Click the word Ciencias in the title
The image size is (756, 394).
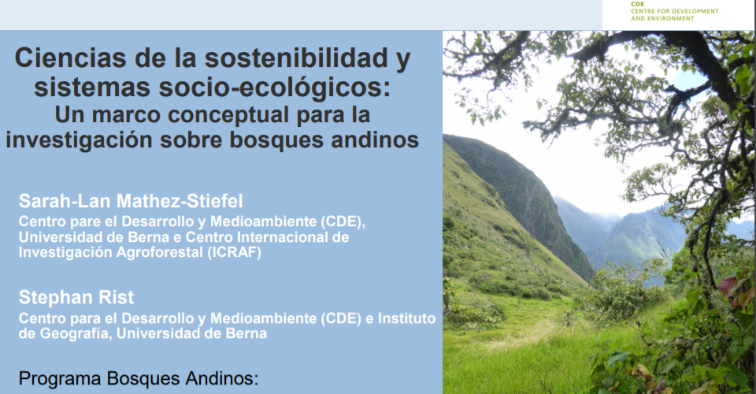point(71,58)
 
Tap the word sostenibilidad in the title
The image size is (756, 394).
point(296,58)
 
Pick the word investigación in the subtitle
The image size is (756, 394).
point(79,140)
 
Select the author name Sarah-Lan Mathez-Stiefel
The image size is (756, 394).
point(131,201)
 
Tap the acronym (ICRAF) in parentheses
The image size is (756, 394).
point(235,252)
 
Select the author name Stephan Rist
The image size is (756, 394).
point(76,298)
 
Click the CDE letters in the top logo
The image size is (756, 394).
point(637,4)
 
